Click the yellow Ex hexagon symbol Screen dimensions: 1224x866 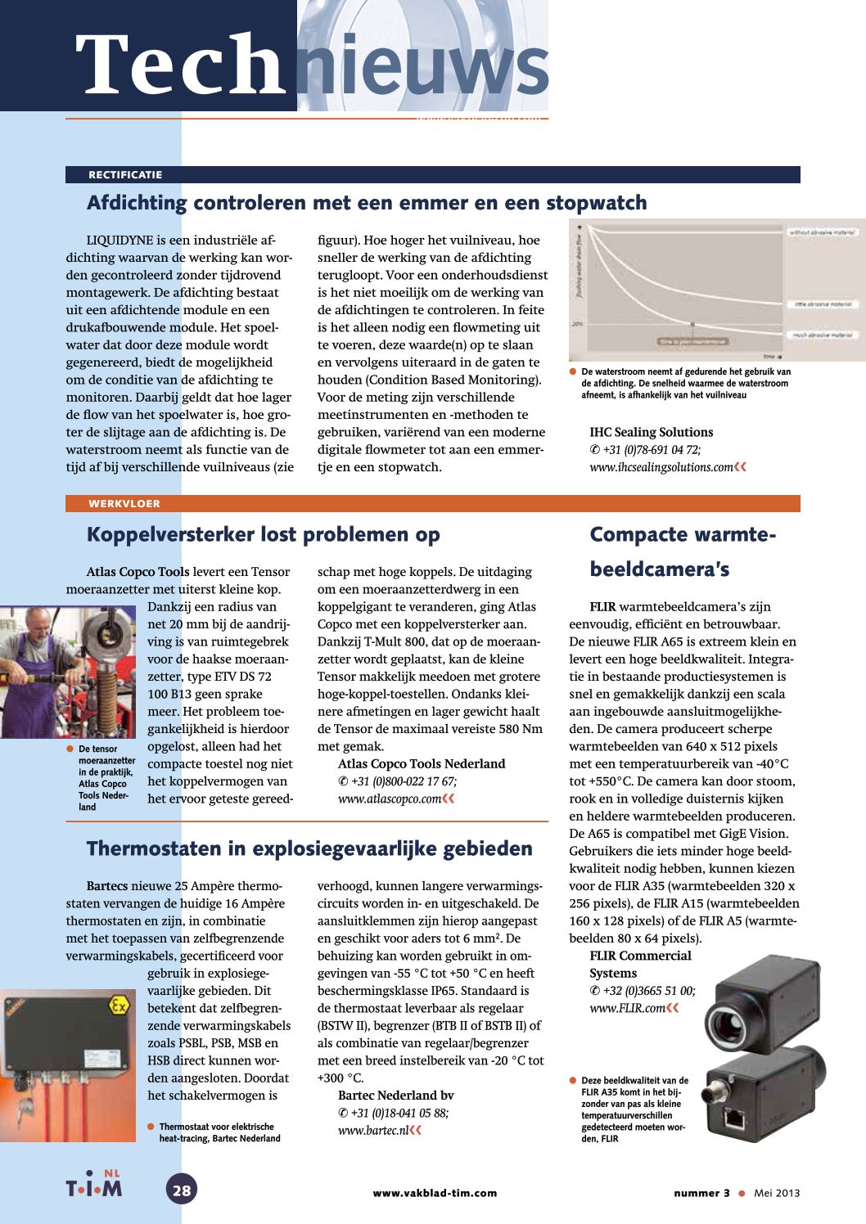click(x=120, y=1005)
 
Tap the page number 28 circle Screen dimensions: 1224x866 click(x=182, y=1190)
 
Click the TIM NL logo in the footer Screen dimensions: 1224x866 click(x=94, y=1186)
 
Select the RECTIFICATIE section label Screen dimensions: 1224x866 click(x=125, y=175)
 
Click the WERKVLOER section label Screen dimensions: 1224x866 click(x=124, y=504)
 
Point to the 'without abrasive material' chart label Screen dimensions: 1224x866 click(x=820, y=233)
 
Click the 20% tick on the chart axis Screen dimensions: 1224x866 click(x=577, y=324)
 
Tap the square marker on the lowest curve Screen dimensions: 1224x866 click(x=692, y=326)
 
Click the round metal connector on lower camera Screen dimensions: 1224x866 click(x=726, y=1083)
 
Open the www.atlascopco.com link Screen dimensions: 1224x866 click(x=390, y=799)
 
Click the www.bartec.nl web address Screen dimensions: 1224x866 click(x=373, y=1131)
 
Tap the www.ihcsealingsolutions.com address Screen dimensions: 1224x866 click(x=661, y=467)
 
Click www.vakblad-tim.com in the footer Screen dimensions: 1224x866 click(x=435, y=1193)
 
